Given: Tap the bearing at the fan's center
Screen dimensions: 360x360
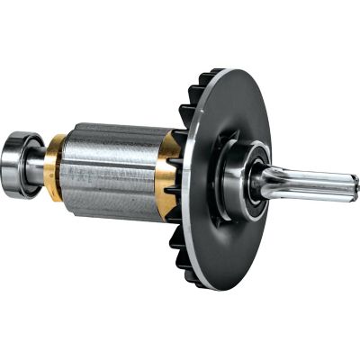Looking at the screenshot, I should pyautogui.click(x=247, y=181).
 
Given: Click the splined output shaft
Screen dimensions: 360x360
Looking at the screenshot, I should pyautogui.click(x=310, y=184).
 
